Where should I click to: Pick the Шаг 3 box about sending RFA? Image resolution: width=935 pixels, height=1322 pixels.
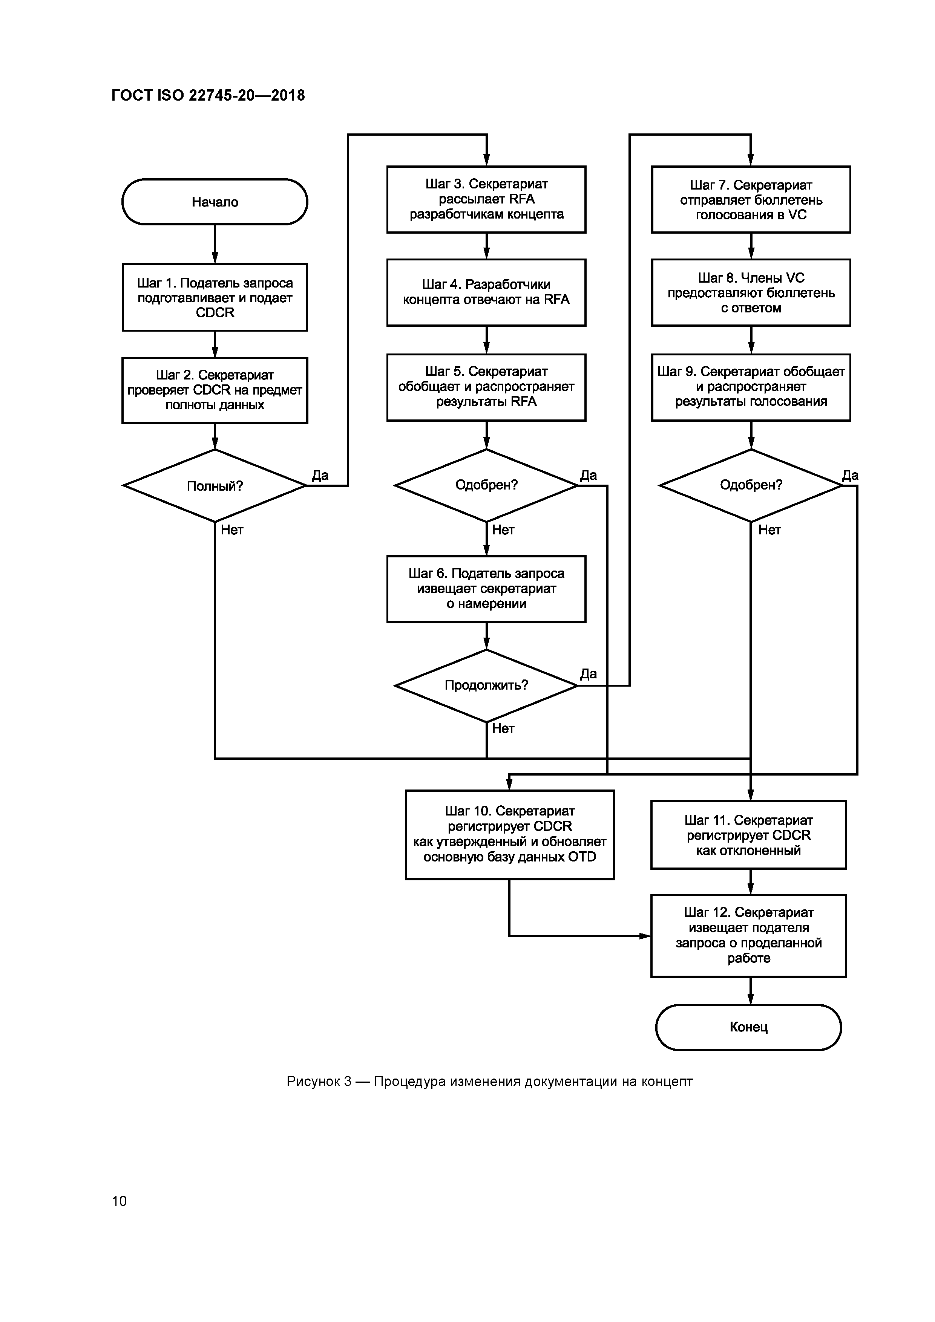pos(486,199)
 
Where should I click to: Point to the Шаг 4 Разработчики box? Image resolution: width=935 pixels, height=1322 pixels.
pos(486,292)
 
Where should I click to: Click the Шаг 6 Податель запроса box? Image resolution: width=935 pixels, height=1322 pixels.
pos(486,588)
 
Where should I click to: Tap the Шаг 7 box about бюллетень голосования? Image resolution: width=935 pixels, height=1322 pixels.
pos(751,199)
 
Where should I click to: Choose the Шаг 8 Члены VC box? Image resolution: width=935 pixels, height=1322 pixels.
pos(751,292)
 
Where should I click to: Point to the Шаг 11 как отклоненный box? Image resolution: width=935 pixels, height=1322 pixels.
pos(748,835)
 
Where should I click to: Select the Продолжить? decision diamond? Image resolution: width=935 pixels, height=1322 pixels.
pos(486,685)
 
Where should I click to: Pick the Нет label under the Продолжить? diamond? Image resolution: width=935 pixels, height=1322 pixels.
pos(503,728)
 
